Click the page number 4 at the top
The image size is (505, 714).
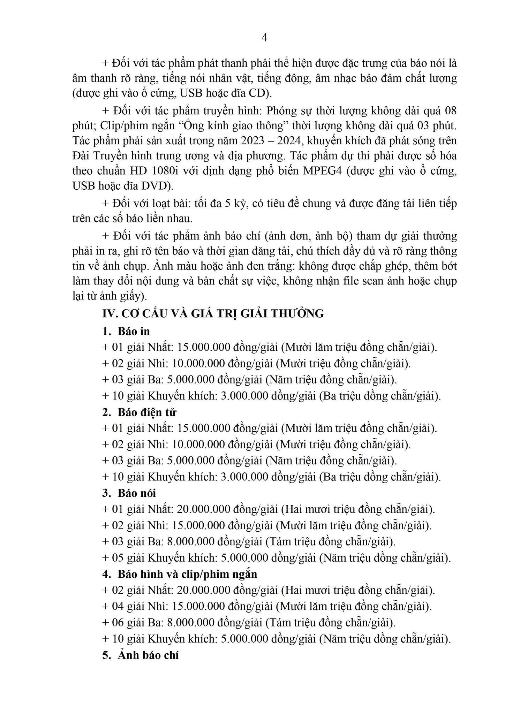pyautogui.click(x=264, y=38)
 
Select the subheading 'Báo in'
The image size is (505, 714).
pyautogui.click(x=134, y=331)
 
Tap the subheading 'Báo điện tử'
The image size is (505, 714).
pyautogui.click(x=147, y=412)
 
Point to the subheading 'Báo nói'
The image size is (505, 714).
pyautogui.click(x=137, y=493)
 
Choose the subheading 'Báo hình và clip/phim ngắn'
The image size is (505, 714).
pyautogui.click(x=187, y=574)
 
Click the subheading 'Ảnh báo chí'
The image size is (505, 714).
pyautogui.click(x=148, y=655)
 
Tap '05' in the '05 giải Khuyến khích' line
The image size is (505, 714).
pyautogui.click(x=118, y=558)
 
